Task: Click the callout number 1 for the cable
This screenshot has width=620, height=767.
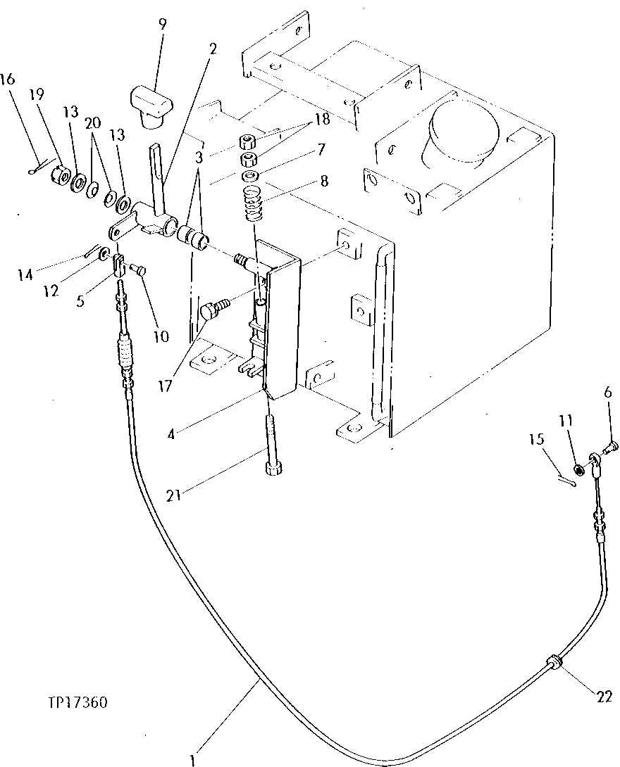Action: pyautogui.click(x=192, y=759)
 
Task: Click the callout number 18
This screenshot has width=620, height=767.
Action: pyautogui.click(x=322, y=119)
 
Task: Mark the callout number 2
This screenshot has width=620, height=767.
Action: pyautogui.click(x=213, y=49)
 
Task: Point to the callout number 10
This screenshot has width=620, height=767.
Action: pyautogui.click(x=161, y=336)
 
